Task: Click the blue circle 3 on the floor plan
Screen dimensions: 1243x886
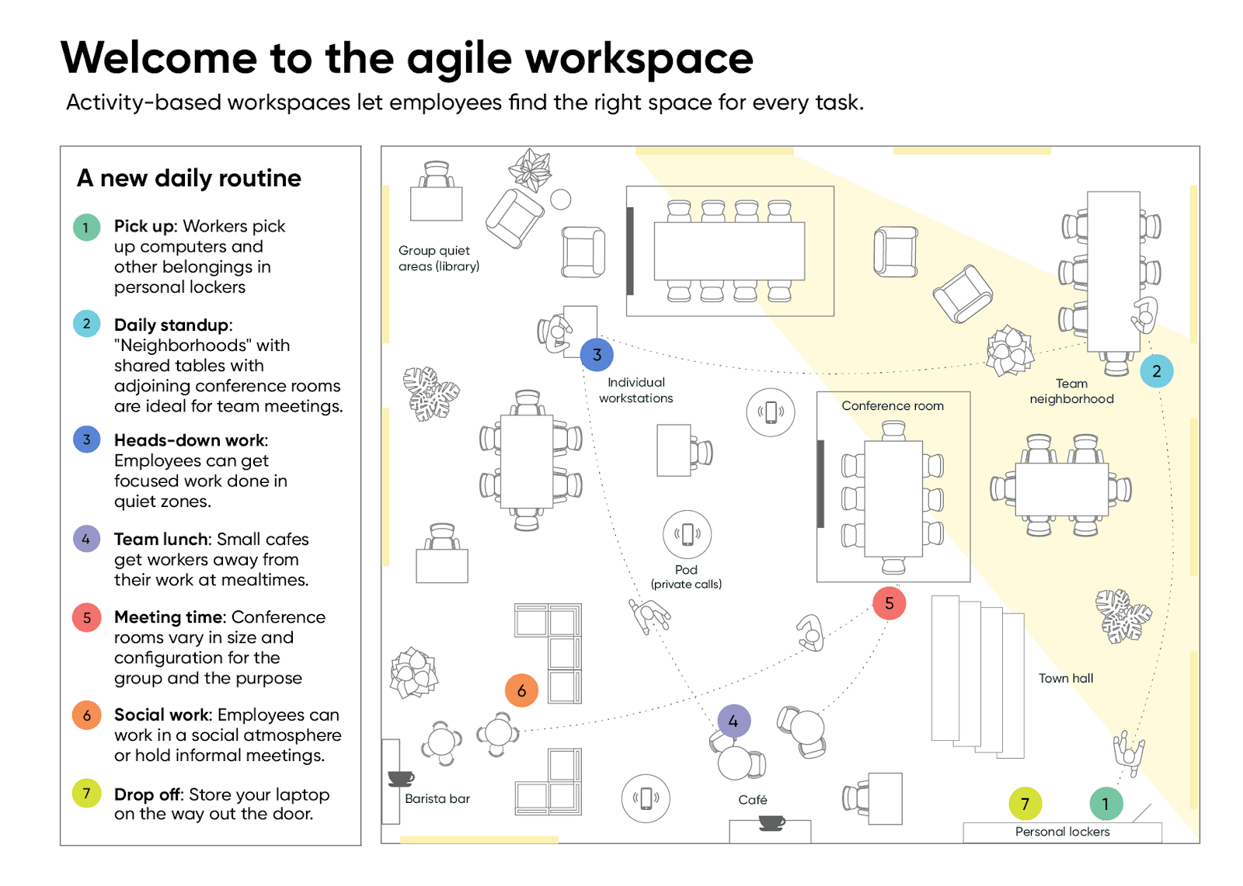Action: (597, 355)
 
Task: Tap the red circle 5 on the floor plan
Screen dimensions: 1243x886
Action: (889, 603)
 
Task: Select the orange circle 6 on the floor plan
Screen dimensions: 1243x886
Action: (521, 690)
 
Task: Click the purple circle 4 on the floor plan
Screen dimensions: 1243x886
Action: (733, 721)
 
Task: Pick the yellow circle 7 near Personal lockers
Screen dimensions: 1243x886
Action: (1025, 804)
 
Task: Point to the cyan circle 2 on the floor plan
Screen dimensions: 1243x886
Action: (1156, 371)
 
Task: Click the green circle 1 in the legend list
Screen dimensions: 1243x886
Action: (86, 228)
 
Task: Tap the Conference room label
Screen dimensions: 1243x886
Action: (893, 405)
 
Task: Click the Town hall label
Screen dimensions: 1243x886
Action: (1065, 678)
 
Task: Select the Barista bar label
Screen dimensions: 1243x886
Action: (437, 798)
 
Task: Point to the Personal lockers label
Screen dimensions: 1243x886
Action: (1062, 832)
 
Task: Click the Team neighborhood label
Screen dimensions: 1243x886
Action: (1071, 391)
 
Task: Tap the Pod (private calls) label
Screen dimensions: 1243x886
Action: (686, 576)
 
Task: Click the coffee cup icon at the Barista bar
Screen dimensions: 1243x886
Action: (401, 777)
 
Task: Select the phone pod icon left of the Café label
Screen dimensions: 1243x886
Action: (646, 798)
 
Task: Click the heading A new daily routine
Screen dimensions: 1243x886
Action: (189, 178)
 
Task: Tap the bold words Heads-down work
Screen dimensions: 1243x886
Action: (190, 440)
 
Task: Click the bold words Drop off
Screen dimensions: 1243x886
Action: (147, 794)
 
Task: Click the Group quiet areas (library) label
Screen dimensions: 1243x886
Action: (438, 258)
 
